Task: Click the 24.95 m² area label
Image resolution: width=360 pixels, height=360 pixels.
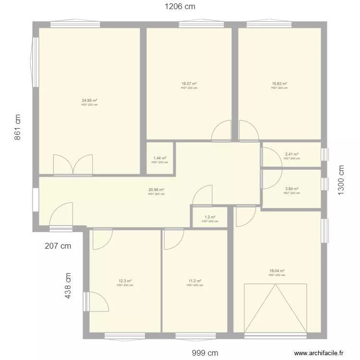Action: pos(89,101)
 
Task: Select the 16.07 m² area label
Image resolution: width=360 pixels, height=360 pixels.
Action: pos(189,84)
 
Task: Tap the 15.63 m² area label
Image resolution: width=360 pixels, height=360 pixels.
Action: pos(279,84)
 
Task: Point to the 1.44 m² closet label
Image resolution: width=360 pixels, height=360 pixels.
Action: pos(160,158)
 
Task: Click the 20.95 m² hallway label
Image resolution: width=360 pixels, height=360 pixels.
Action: pos(156,190)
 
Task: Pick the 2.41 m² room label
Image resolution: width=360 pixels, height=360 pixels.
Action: pos(291,155)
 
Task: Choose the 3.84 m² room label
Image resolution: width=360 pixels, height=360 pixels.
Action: pos(291,189)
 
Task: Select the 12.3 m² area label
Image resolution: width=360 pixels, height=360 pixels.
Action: pos(125,281)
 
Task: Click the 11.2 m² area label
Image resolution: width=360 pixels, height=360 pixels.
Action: pos(194,281)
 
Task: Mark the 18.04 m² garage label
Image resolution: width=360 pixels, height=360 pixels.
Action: pos(277,271)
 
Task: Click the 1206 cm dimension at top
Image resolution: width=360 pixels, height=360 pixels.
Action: pos(180,7)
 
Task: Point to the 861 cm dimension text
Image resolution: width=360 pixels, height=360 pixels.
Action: pos(18,127)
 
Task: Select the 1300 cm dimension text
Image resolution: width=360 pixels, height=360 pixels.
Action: pos(341,180)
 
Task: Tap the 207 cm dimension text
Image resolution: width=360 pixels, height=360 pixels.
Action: pos(58,246)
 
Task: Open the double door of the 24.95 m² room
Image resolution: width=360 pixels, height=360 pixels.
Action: pos(72,165)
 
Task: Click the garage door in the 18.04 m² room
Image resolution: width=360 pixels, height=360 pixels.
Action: pos(276,308)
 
